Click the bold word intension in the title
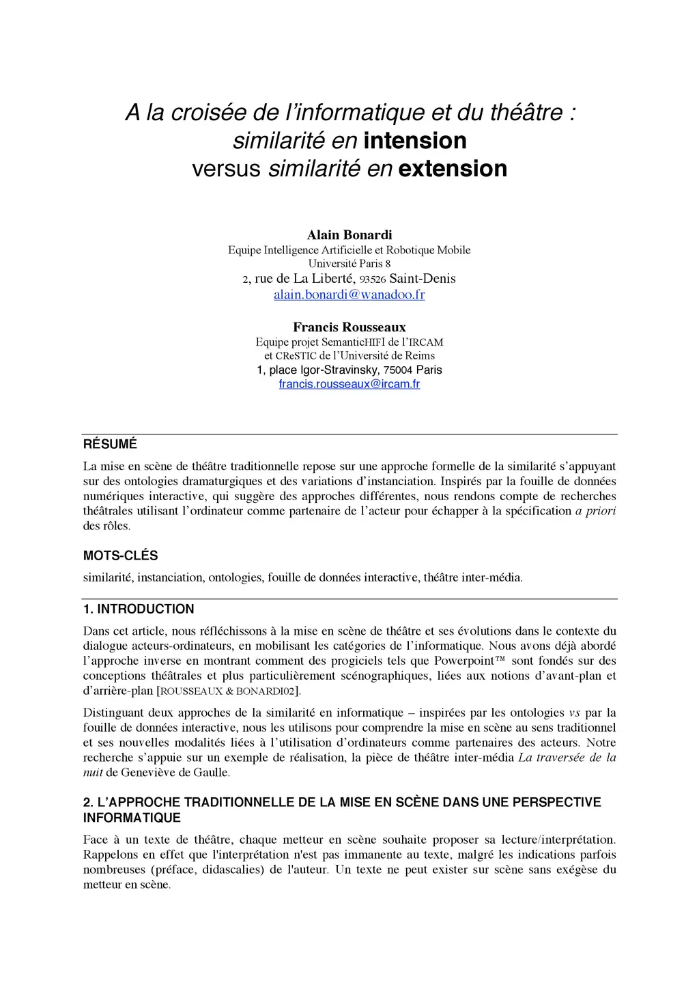point(415,141)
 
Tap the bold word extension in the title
point(453,169)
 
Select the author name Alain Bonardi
point(349,235)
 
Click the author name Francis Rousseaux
point(349,327)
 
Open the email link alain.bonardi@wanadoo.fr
point(349,294)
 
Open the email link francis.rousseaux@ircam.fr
point(349,384)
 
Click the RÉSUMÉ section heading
point(110,445)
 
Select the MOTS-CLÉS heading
point(120,556)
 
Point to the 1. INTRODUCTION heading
point(139,609)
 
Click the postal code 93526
point(373,279)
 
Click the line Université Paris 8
point(349,264)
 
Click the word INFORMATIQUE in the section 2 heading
point(132,818)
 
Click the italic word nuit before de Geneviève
point(92,773)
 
